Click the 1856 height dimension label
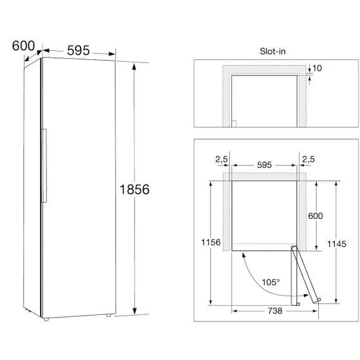coord(135,189)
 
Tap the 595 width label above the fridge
coord(79,50)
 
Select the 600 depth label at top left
coord(23,46)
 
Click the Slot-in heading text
coord(272,51)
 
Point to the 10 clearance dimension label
coord(317,68)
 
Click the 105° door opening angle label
coord(271,282)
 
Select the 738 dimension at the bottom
coord(275,311)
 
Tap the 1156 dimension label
coord(211,242)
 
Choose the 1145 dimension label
coord(337,244)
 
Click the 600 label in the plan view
coord(316,216)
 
